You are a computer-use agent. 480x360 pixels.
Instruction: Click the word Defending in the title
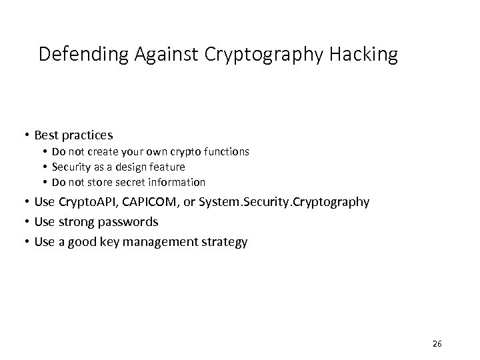(74, 54)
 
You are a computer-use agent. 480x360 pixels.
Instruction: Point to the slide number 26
(437, 343)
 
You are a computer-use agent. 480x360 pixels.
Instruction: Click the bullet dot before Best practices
(25, 135)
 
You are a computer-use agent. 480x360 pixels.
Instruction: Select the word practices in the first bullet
(90, 135)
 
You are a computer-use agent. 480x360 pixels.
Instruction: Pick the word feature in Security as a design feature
(167, 167)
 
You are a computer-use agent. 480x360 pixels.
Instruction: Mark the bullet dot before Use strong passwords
(25, 222)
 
